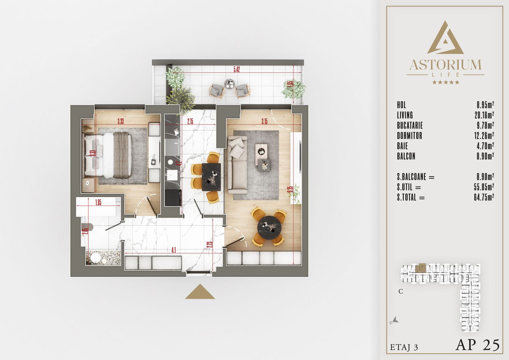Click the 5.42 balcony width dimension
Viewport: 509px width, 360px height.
(x=236, y=69)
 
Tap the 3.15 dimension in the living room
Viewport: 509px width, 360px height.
(x=264, y=121)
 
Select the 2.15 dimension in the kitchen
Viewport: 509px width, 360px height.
(x=190, y=121)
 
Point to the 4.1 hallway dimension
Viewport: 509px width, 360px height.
(x=174, y=250)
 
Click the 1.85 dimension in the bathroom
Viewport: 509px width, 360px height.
(x=98, y=202)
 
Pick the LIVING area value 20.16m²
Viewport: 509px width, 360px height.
(x=484, y=115)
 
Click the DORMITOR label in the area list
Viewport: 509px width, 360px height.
(x=409, y=136)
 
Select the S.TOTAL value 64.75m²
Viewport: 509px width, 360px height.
(x=484, y=197)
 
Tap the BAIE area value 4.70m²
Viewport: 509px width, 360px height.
(x=485, y=146)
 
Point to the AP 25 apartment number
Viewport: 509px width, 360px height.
(x=477, y=345)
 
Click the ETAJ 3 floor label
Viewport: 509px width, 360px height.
(x=404, y=347)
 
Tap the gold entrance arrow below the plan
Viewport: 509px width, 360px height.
(x=200, y=292)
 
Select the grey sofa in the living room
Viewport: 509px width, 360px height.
(x=237, y=165)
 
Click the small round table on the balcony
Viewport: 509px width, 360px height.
(x=229, y=84)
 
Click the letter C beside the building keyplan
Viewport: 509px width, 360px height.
(x=401, y=291)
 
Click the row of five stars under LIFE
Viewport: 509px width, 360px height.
(x=445, y=82)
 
